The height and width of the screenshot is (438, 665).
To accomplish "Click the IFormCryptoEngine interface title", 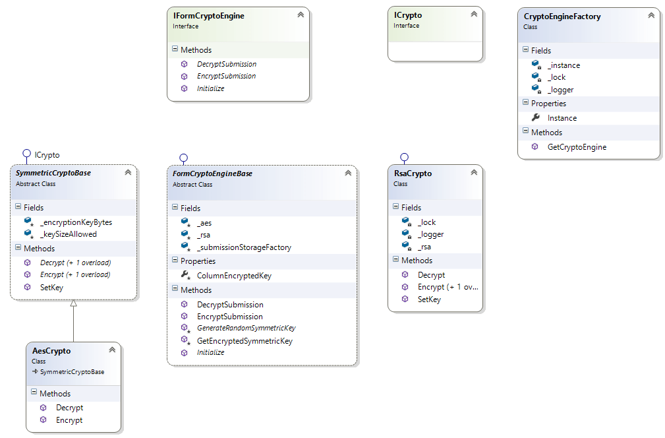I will coord(208,16).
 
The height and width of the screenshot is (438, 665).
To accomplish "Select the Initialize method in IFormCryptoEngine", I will coord(210,88).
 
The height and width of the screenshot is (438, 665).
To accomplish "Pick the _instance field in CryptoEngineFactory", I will coord(564,65).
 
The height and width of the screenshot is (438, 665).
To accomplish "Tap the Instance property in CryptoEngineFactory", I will coord(562,118).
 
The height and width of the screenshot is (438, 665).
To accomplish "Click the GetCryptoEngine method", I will coord(577,147).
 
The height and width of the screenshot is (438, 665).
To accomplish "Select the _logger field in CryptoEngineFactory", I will coord(560,90).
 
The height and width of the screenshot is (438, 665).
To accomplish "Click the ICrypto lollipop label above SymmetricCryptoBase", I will coord(47,155).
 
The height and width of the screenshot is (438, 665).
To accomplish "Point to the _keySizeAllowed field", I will coord(68,234).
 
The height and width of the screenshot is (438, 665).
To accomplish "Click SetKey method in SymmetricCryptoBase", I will coord(51,287).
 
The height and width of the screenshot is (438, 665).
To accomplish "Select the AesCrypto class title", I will coord(51,351).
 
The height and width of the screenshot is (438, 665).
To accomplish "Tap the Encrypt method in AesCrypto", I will coord(69,420).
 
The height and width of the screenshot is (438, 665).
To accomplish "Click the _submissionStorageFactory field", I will coord(244,247).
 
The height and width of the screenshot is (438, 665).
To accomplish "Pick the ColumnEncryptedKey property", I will coord(234,276).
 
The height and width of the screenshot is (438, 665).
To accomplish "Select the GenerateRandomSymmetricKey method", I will coord(246,328).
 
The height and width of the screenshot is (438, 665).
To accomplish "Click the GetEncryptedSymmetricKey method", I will coord(245,341).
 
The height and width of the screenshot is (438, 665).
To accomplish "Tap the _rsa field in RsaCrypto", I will coord(424,247).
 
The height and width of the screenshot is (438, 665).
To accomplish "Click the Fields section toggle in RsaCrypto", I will coord(395,207).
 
